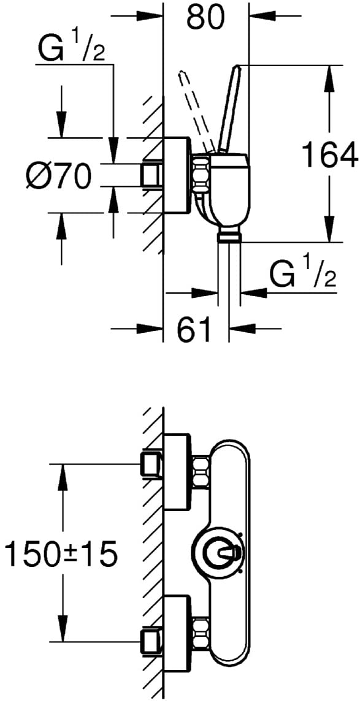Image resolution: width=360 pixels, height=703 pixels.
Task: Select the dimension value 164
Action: pyautogui.click(x=329, y=154)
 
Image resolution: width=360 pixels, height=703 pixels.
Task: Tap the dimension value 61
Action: pyautogui.click(x=193, y=329)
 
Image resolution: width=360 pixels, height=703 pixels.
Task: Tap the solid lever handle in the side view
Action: pyautogui.click(x=229, y=109)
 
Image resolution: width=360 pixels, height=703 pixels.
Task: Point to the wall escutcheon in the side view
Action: pyautogui.click(x=177, y=175)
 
